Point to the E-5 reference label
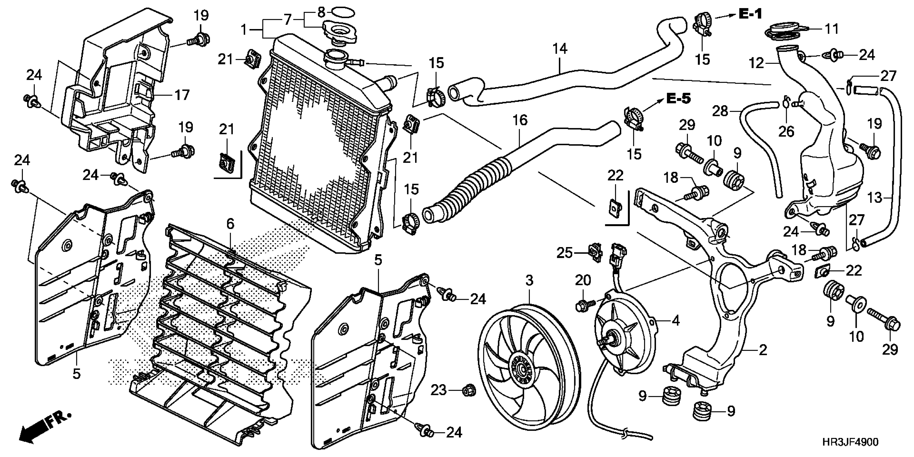click(679, 99)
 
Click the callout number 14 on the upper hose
click(559, 49)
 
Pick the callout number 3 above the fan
click(529, 281)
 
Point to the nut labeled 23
click(469, 391)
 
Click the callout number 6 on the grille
click(230, 224)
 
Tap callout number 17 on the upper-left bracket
click(182, 95)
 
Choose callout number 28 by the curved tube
click(720, 111)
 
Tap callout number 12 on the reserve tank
click(756, 63)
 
